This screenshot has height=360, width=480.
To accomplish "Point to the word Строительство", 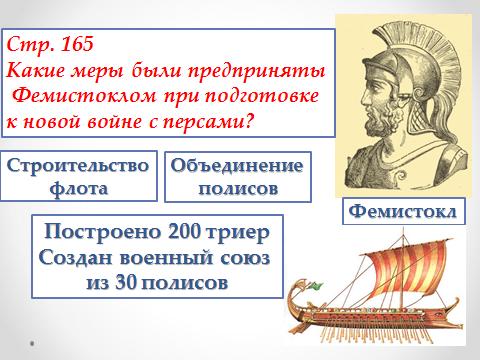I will pyautogui.click(x=78, y=164).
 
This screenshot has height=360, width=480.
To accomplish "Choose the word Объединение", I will pyautogui.click(x=240, y=164).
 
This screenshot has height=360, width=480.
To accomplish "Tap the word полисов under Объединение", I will pyautogui.click(x=238, y=186).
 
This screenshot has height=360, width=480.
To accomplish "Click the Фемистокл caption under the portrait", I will pyautogui.click(x=405, y=213).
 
